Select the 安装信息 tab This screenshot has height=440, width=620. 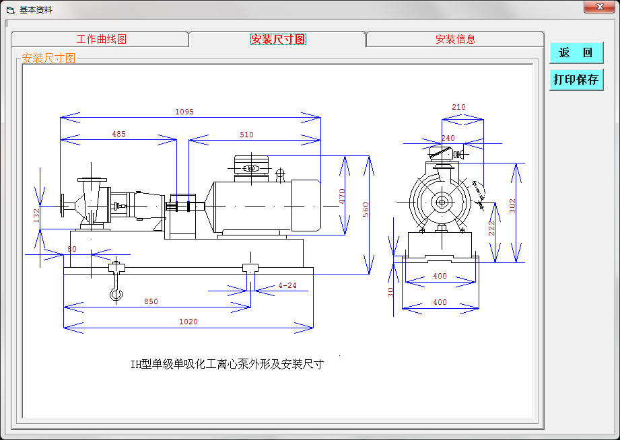coord(455,39)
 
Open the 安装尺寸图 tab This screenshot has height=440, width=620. coord(278,39)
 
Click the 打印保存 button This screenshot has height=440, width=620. coord(576,79)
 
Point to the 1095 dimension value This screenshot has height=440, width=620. coord(184,112)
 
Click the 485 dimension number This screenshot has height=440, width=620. coord(118,135)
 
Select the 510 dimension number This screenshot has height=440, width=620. coord(246,135)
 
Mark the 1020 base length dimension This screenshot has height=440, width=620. coord(188,322)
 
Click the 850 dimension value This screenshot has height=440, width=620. coord(151,301)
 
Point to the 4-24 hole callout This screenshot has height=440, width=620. coord(287,285)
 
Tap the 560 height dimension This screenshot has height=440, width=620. coord(366,209)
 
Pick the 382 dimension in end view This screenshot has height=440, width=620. coord(513,206)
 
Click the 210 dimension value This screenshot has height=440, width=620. coord(458,107)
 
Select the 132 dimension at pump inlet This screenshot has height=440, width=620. coord(36,215)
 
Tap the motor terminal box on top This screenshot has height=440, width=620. coord(251,166)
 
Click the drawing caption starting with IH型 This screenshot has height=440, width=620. coord(227,365)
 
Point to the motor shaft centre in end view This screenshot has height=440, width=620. coord(442,200)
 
